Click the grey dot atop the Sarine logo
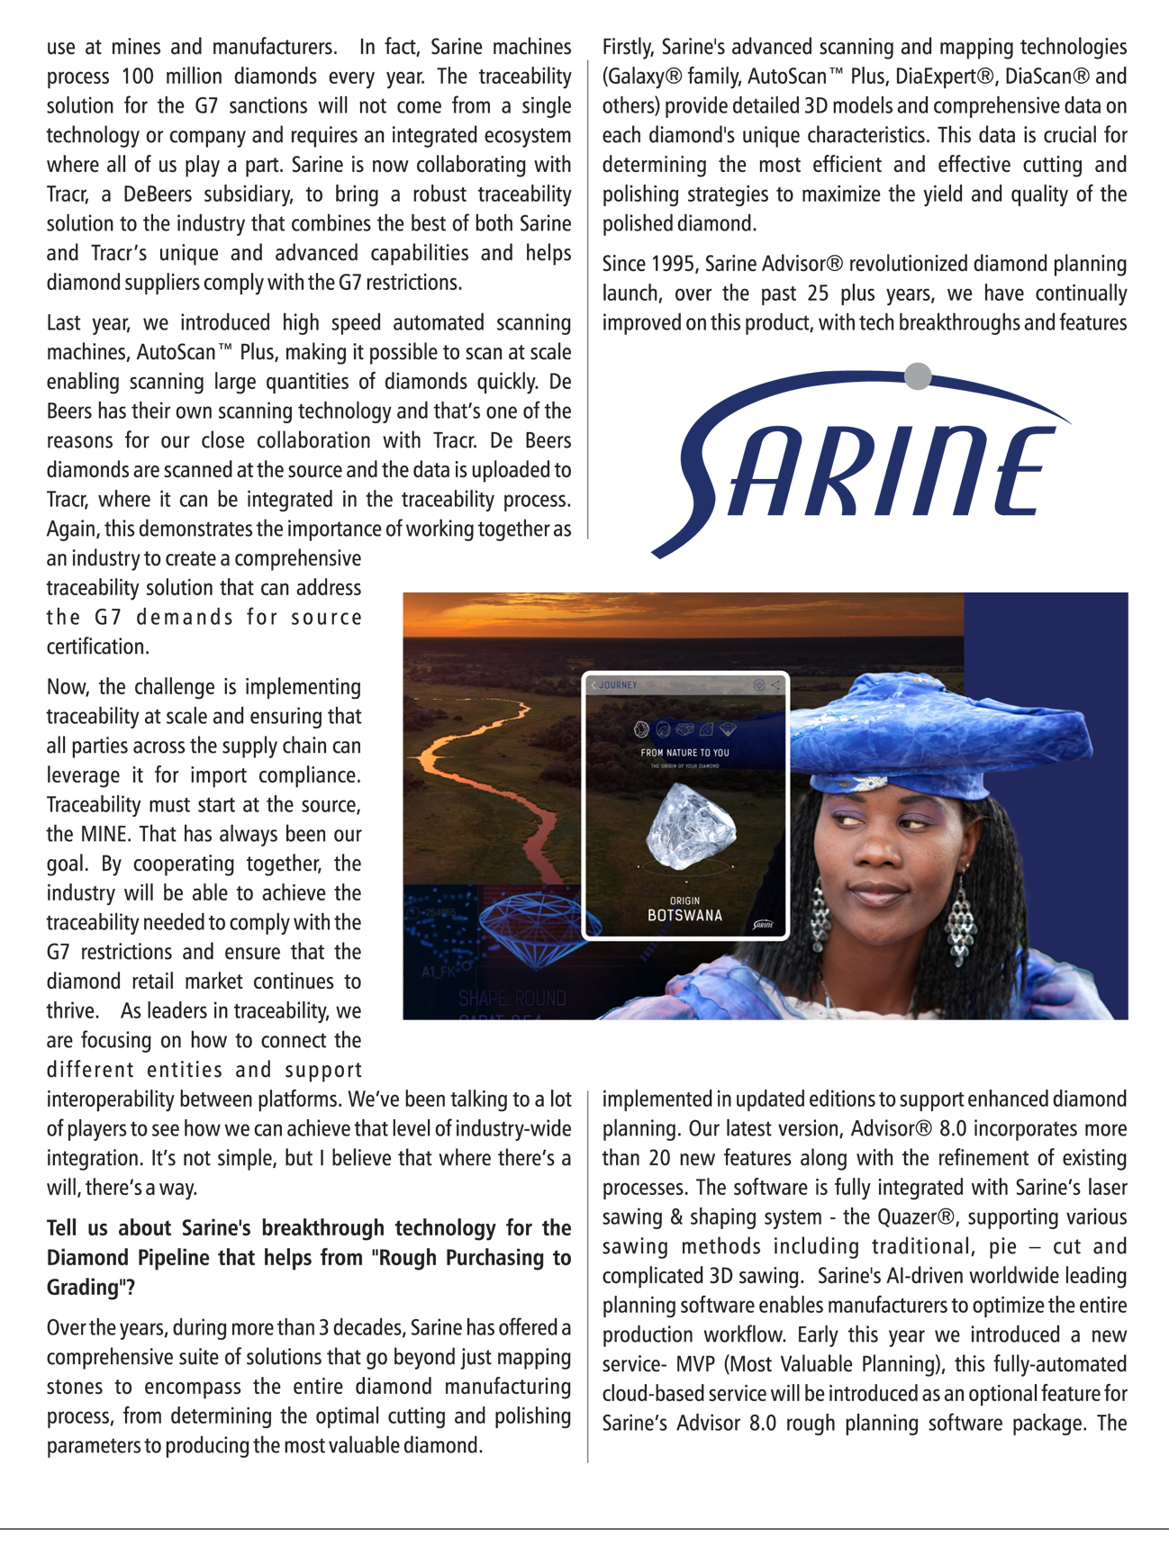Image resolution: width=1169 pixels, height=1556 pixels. (918, 375)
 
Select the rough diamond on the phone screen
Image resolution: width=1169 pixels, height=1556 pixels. (690, 826)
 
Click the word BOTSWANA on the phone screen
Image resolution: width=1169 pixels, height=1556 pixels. (684, 916)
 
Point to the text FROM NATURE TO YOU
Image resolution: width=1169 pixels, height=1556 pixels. (684, 752)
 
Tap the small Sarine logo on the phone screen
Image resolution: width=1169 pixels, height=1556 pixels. (763, 924)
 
